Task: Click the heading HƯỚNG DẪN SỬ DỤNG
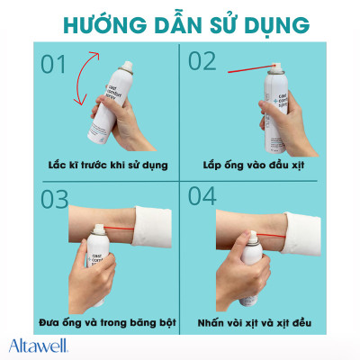point(180,21)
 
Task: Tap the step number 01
point(53,66)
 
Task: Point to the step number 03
point(55,198)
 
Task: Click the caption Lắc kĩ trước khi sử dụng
point(98,166)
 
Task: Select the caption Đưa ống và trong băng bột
point(99,320)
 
